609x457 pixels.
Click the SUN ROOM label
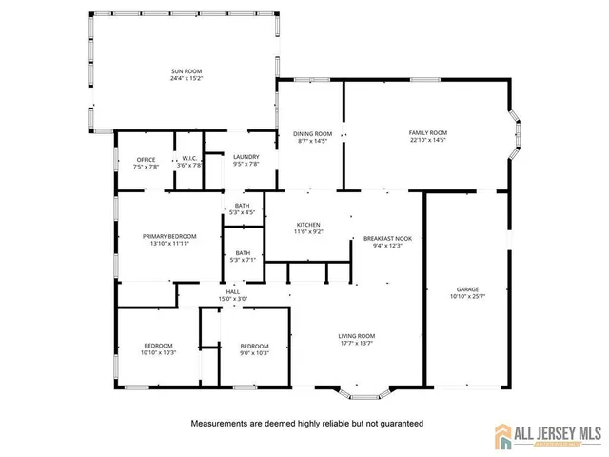187,71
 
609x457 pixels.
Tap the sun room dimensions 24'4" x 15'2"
187,78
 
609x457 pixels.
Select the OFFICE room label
146,159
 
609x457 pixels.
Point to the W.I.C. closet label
189,159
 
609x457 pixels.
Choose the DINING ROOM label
312,133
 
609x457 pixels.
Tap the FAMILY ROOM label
427,132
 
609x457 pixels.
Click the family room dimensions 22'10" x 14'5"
427,140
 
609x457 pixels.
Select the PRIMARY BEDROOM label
169,236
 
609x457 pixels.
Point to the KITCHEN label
307,224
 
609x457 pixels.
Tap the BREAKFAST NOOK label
387,238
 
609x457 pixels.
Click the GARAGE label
466,289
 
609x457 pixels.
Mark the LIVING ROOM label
357,335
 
